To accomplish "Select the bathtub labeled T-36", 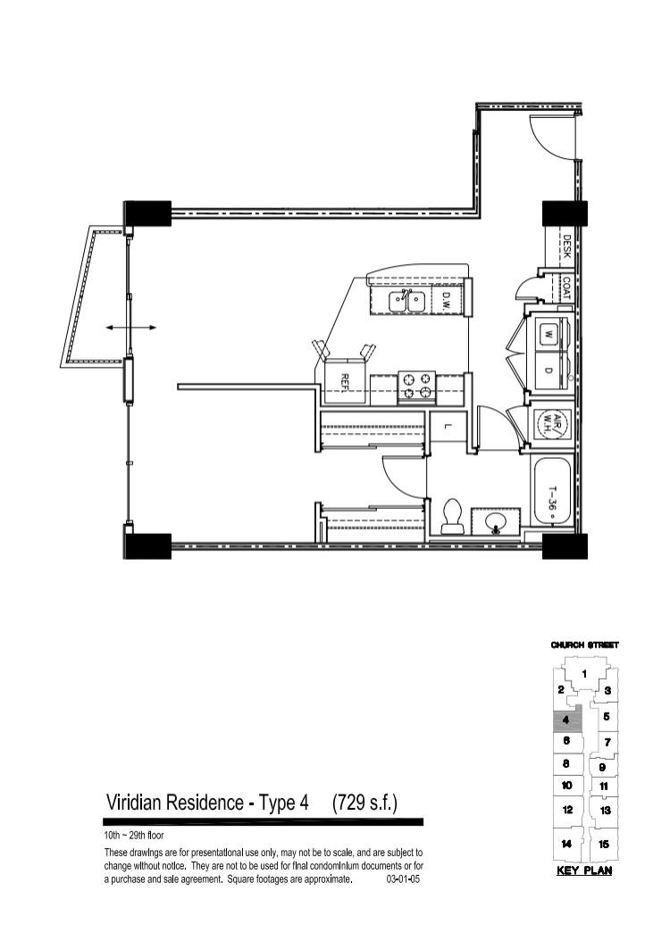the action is [552, 494].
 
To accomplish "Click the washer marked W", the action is [549, 334].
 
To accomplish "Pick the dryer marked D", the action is [549, 371].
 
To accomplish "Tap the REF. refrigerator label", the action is [345, 382].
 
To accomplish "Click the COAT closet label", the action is [566, 287].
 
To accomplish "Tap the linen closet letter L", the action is [448, 428].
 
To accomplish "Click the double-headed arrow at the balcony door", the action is [131, 328].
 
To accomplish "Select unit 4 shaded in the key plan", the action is [567, 720].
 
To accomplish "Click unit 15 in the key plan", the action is [604, 844].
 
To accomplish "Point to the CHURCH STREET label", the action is [585, 645].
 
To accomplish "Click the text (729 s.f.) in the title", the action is [365, 803].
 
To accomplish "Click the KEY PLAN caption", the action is [584, 870].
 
